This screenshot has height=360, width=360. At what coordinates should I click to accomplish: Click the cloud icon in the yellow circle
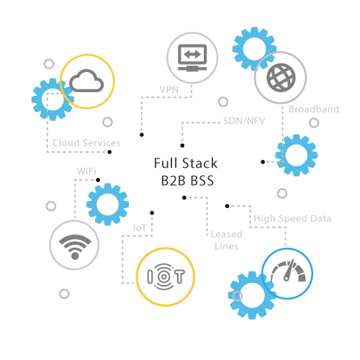pos(86,81)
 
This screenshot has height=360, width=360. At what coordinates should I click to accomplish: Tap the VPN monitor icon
pos(192,58)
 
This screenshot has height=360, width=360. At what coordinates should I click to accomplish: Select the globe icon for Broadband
pos(281,78)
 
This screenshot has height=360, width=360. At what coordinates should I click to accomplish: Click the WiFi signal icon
pos(75,247)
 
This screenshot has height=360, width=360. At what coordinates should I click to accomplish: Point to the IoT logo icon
pos(166,276)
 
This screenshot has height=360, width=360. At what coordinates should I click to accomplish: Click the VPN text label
pos(169,90)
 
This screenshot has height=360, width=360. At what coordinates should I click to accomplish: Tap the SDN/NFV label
pos(244,121)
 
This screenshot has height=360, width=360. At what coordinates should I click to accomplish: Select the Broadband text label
pos(314,109)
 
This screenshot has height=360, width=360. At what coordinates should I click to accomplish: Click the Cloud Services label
pos(86,143)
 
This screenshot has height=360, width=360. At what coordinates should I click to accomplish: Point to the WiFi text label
pos(86,171)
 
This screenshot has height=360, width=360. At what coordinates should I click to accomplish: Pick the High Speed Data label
pos(292,219)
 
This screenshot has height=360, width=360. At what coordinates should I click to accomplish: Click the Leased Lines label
pos(226,240)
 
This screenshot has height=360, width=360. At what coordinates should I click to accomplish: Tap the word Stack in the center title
pos(200,163)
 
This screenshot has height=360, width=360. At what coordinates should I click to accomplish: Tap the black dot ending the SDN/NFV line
pos(182,145)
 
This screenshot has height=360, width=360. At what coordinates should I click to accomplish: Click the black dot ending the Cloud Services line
pos(109,152)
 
